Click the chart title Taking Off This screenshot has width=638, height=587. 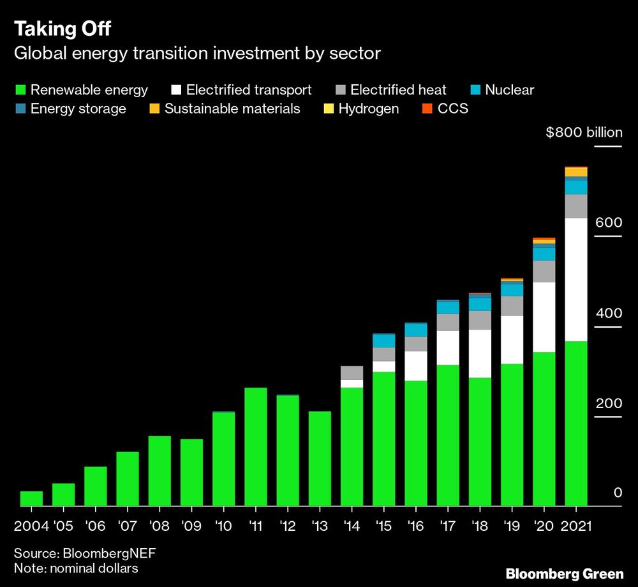[x=63, y=29]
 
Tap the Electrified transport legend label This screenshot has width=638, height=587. [x=249, y=90]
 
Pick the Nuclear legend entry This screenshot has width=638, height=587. [x=509, y=90]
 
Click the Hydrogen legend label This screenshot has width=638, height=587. [x=368, y=109]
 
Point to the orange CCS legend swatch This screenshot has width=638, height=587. [x=427, y=109]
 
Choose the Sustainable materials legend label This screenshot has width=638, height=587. [x=232, y=109]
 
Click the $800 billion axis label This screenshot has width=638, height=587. [x=584, y=133]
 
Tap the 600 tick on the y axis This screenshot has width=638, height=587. [x=609, y=223]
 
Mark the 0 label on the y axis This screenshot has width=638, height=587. [x=618, y=492]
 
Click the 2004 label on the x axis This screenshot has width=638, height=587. [x=31, y=526]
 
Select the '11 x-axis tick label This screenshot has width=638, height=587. [x=255, y=526]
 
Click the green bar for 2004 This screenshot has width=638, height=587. [x=31, y=498]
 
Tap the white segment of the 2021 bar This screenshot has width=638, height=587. [x=576, y=280]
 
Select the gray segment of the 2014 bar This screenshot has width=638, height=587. [x=352, y=372]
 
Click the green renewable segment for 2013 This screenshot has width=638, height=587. [x=320, y=459]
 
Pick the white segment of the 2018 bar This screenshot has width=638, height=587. [x=480, y=353]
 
